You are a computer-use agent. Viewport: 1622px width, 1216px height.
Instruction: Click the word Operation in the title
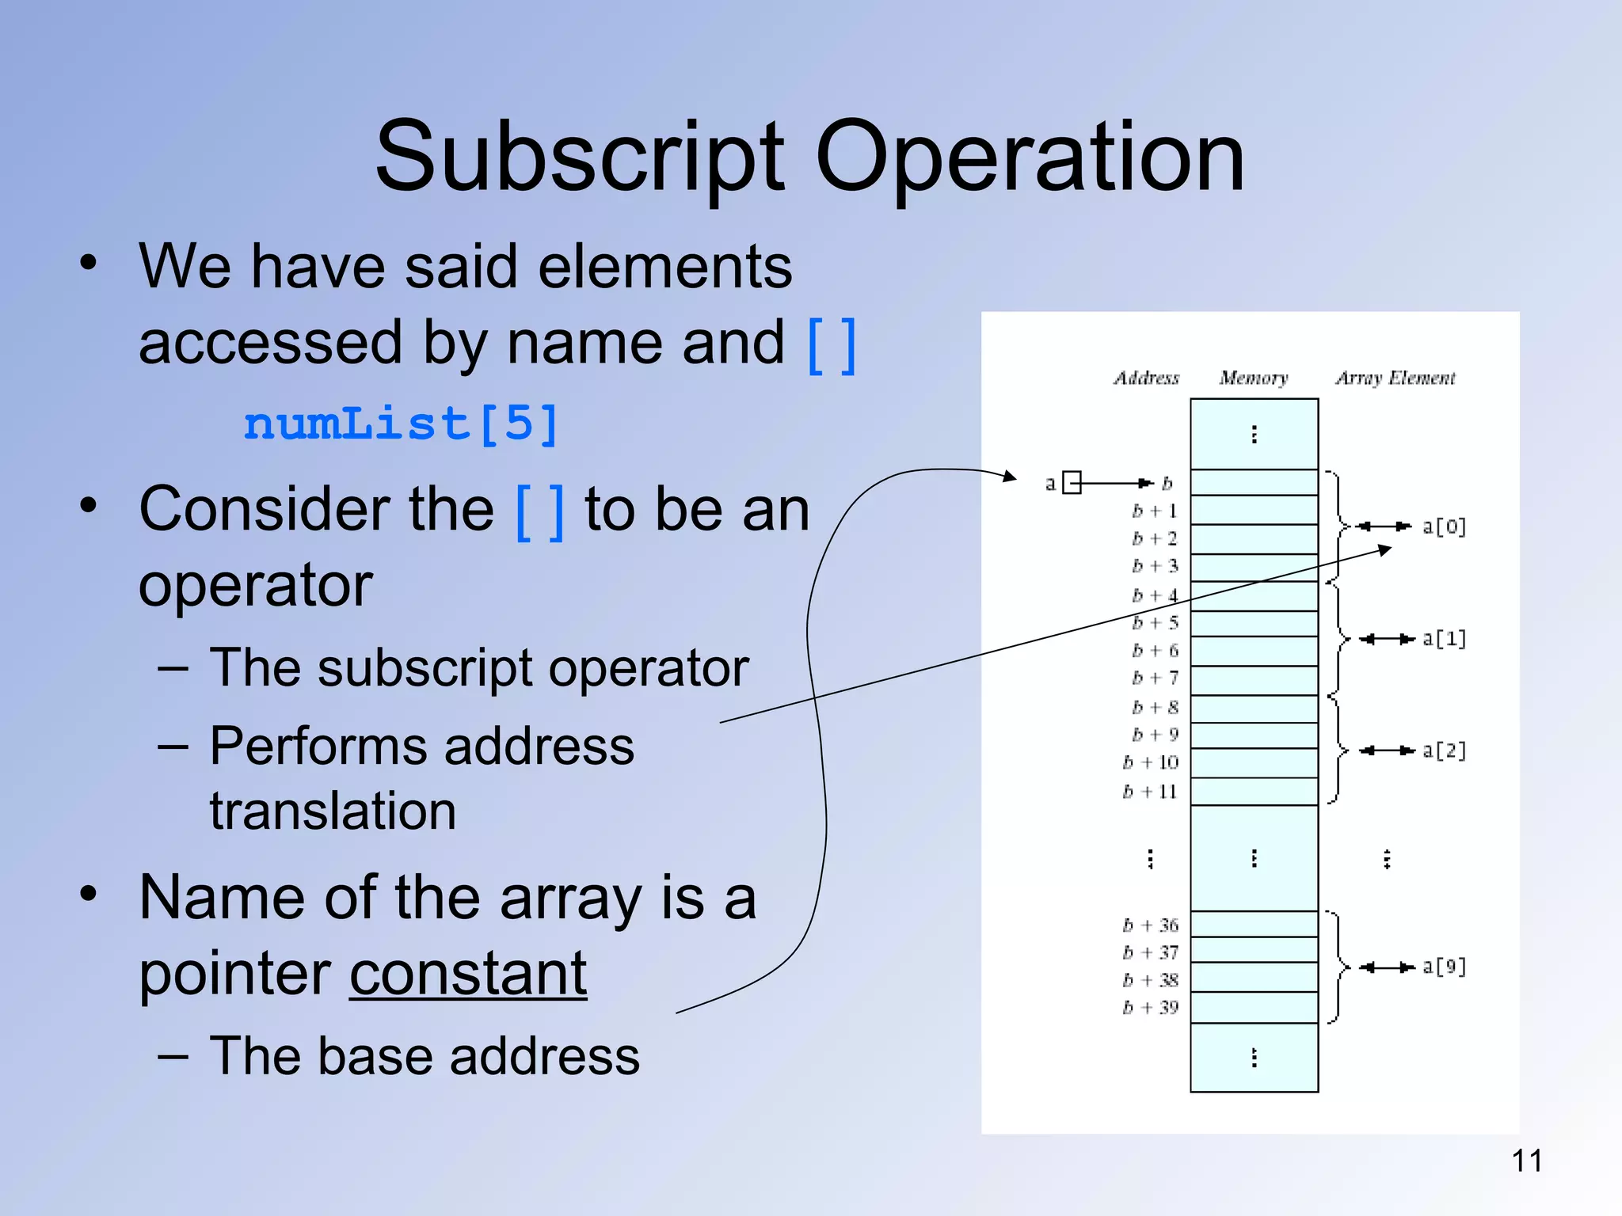[1030, 157]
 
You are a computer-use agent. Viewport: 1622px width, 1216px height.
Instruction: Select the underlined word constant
[468, 974]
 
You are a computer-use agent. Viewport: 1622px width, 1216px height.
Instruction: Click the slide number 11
[1526, 1161]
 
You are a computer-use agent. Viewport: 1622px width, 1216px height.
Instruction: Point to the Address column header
[1146, 378]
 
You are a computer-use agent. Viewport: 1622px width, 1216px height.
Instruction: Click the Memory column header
[1253, 378]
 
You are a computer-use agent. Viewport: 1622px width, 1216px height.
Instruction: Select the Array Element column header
[1395, 378]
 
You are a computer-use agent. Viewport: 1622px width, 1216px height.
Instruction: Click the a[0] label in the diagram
[1444, 526]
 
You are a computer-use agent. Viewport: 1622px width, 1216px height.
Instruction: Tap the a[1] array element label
[1444, 639]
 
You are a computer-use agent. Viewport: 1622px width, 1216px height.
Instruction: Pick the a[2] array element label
[1444, 750]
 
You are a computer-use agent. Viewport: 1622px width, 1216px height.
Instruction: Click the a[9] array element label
[1444, 967]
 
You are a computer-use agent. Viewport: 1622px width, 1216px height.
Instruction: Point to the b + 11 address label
[1150, 791]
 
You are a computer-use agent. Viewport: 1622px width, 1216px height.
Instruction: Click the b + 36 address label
[1150, 925]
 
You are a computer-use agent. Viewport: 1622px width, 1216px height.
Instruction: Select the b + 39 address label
[1150, 1008]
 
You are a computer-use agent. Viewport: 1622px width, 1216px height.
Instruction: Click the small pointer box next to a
[1072, 482]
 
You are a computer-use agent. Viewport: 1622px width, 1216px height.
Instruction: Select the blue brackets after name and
[831, 345]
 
